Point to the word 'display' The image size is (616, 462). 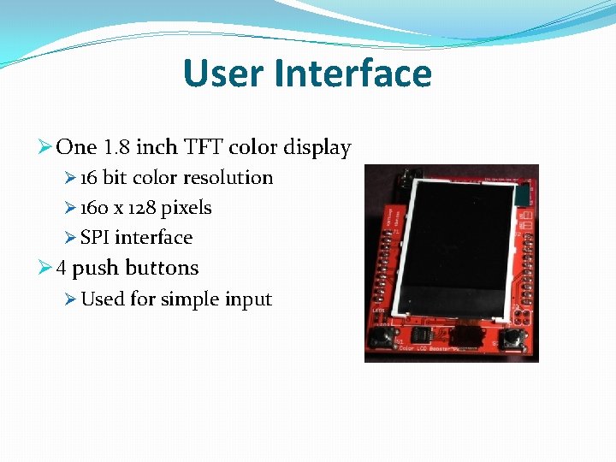point(319,148)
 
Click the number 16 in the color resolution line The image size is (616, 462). point(89,178)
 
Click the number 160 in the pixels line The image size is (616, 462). point(94,208)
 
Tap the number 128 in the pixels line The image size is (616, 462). point(141,208)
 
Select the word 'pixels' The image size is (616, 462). point(187,208)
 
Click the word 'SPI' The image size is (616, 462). point(95,238)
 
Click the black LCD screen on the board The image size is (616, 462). point(452,248)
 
